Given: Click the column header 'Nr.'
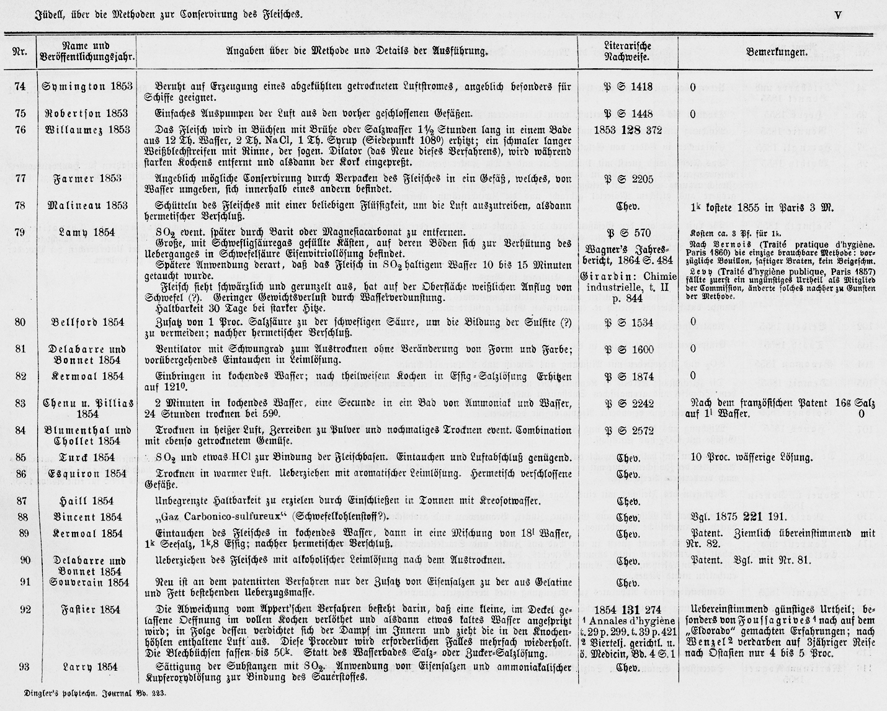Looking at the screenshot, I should point(19,51).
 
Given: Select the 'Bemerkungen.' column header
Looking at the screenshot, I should point(776,52).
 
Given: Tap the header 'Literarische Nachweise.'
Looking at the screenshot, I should point(627,51).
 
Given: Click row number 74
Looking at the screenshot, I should point(19,87).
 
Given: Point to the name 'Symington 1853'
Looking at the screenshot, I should point(87,87).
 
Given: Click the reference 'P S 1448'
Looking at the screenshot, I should point(628,114).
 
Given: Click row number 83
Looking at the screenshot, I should point(19,404).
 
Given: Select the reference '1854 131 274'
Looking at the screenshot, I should point(628,610).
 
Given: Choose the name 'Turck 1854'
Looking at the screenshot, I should point(87,458).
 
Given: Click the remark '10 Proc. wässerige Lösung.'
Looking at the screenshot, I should point(751,458).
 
